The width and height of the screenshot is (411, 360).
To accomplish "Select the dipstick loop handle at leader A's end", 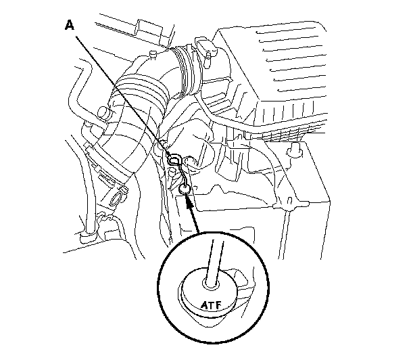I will [x=175, y=160].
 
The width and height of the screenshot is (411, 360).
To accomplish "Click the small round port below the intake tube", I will [x=118, y=200].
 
